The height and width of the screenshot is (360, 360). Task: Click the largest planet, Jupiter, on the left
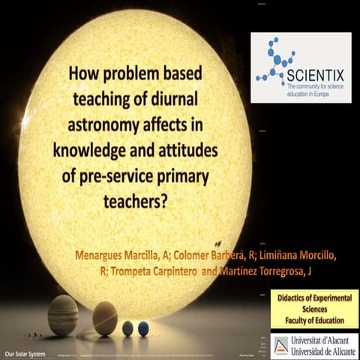tap(63, 315)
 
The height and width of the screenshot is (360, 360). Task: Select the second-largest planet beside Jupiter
tap(104, 318)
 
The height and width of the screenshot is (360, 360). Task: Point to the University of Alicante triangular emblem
tap(279, 344)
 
